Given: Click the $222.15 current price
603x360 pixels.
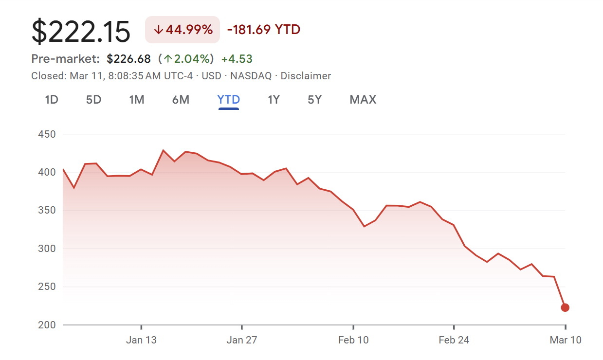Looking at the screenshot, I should (x=81, y=32).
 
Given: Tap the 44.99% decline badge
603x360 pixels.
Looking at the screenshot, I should (x=183, y=30).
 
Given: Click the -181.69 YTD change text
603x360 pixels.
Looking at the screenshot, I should (x=264, y=30).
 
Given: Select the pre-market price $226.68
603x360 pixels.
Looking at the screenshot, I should (x=129, y=59).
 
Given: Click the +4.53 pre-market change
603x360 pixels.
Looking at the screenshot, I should (x=237, y=59).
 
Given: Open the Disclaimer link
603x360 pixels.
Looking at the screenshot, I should (x=306, y=76).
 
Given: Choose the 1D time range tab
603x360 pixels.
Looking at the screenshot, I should (x=52, y=100).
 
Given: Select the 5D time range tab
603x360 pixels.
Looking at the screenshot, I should (x=93, y=100).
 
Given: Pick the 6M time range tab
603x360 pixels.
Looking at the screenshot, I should (x=181, y=100).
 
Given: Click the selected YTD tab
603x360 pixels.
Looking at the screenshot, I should (x=229, y=100).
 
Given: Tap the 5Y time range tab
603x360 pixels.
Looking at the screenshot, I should (x=314, y=100).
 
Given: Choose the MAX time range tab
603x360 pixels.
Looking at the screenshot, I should (x=363, y=100).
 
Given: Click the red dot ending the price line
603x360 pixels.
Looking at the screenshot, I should (x=565, y=307).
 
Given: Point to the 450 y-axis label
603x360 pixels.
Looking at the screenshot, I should (x=47, y=134).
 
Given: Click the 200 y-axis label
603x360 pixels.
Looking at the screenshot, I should (x=47, y=325).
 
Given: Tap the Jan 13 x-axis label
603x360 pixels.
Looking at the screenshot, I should (x=141, y=340).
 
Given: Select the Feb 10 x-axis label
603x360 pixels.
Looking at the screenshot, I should (x=353, y=340).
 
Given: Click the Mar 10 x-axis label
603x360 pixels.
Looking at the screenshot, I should (x=566, y=340).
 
